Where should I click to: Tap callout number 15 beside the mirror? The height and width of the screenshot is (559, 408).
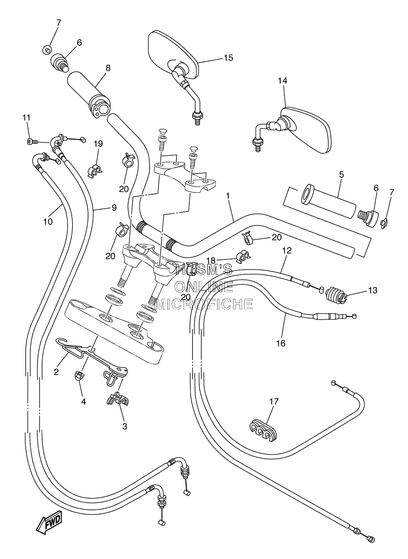pyautogui.click(x=228, y=58)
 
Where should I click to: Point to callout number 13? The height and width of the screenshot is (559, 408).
pyautogui.click(x=372, y=290)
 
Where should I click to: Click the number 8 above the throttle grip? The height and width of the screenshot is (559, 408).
pyautogui.click(x=108, y=68)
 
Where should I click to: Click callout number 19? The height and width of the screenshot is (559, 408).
pyautogui.click(x=98, y=144)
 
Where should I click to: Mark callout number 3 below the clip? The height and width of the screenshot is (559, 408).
pyautogui.click(x=125, y=426)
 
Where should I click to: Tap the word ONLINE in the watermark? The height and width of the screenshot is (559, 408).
pyautogui.click(x=204, y=287)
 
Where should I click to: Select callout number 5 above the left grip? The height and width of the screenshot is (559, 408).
pyautogui.click(x=341, y=175)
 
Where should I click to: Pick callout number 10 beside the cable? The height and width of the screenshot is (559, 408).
pyautogui.click(x=48, y=221)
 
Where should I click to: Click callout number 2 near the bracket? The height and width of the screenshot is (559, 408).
pyautogui.click(x=57, y=379)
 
